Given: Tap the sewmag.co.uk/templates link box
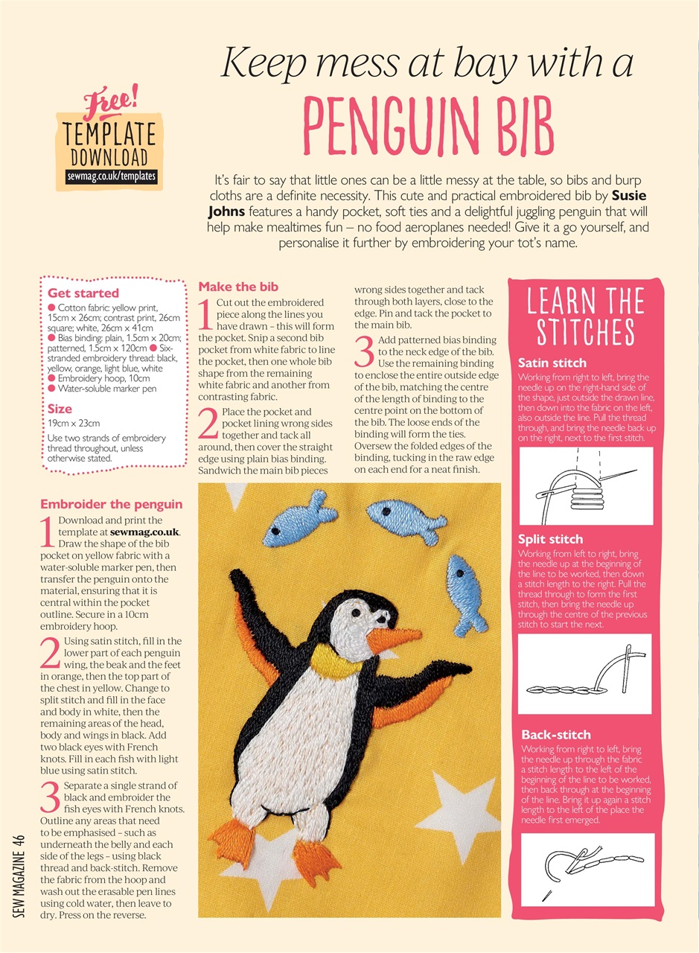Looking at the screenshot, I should pos(106,176).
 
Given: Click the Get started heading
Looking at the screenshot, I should pos(83,293).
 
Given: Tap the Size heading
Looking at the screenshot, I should pos(60,409).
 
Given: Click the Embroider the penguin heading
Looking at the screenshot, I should pos(111,504).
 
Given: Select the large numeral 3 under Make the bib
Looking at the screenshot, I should pos(363,351).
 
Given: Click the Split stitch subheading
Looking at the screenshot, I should pos(551,539).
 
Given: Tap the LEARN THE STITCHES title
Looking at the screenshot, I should pos(585,317).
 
